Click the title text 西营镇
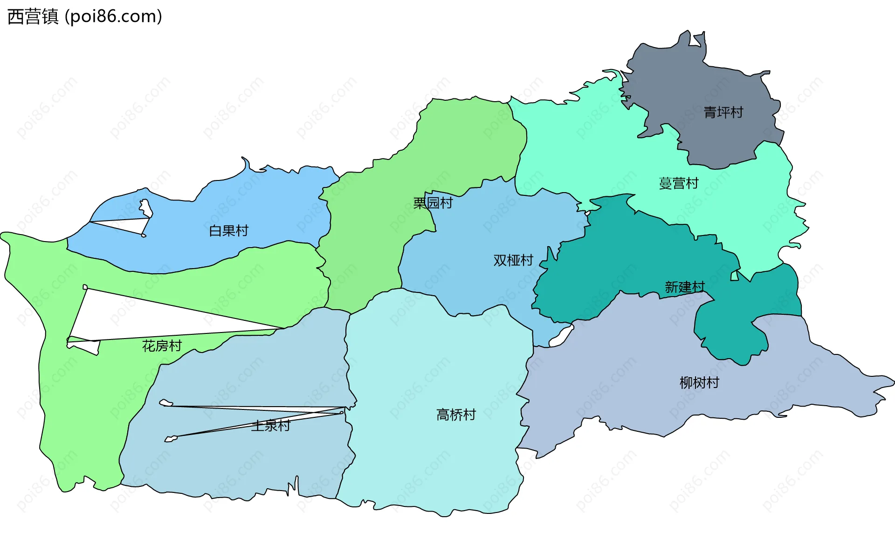tap(33, 17)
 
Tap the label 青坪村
tap(723, 112)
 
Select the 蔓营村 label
tap(679, 183)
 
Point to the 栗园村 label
tap(433, 203)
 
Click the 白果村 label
tap(229, 231)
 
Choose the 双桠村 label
tap(513, 260)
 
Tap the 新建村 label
tap(685, 287)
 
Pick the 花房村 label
tap(162, 346)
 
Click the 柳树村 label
tap(699, 383)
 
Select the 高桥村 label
tap(456, 415)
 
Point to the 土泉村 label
tap(271, 426)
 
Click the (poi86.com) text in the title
tap(114, 17)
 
